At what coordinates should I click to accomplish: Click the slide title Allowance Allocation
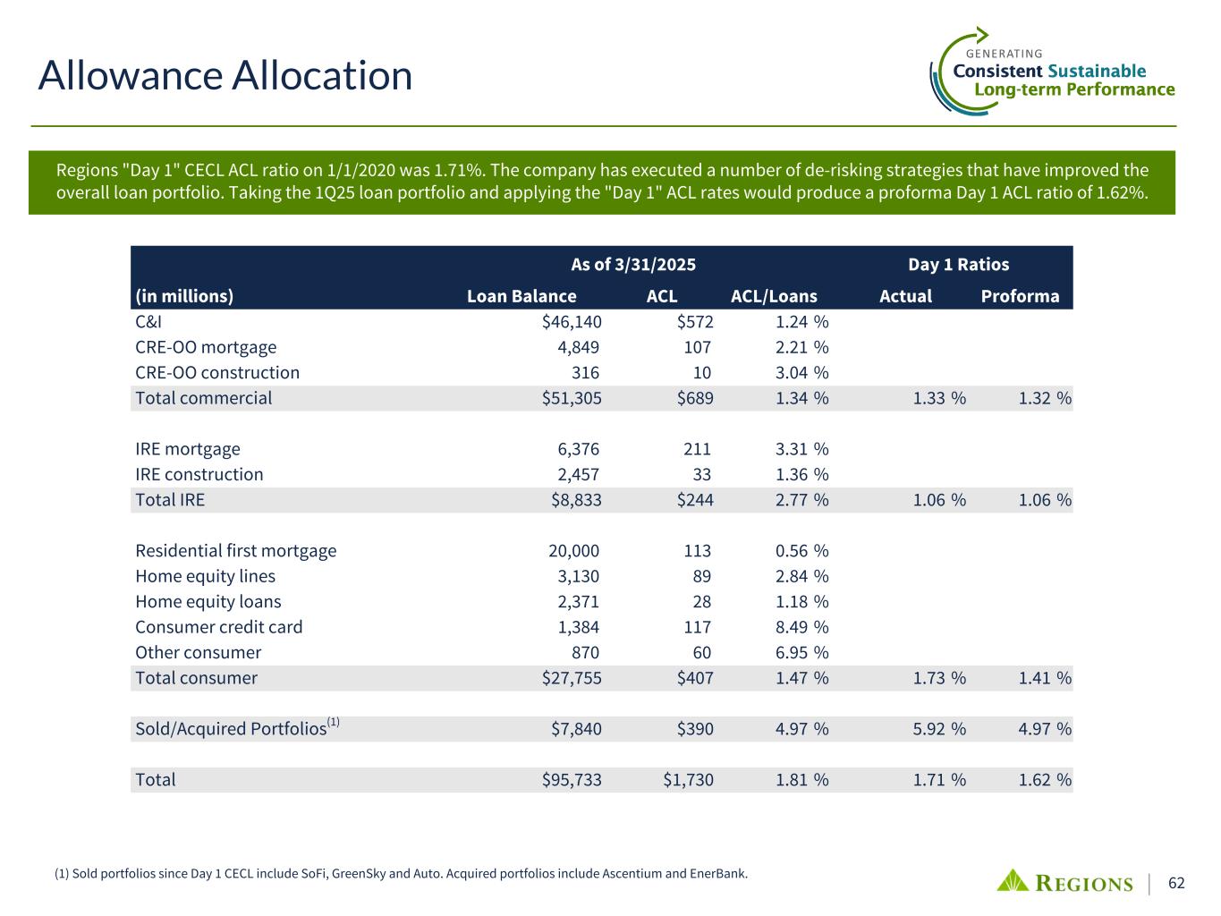pyautogui.click(x=225, y=75)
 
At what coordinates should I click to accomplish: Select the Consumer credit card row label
pyautogui.click(x=219, y=627)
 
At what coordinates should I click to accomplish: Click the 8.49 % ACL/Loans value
pyautogui.click(x=801, y=627)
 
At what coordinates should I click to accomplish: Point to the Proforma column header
pyautogui.click(x=1020, y=296)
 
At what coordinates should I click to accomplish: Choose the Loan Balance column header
pyautogui.click(x=521, y=296)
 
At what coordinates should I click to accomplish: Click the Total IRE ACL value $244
pyautogui.click(x=689, y=500)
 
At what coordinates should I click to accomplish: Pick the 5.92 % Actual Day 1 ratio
pyautogui.click(x=939, y=729)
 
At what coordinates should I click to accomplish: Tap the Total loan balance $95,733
pyautogui.click(x=572, y=780)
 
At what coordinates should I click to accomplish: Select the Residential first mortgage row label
pyautogui.click(x=236, y=551)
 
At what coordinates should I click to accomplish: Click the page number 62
pyautogui.click(x=1176, y=884)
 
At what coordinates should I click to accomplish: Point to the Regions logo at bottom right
pyautogui.click(x=1064, y=882)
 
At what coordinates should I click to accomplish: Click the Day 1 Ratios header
pyautogui.click(x=958, y=264)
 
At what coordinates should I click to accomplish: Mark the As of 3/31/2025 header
pyautogui.click(x=633, y=264)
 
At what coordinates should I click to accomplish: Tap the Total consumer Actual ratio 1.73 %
pyautogui.click(x=939, y=678)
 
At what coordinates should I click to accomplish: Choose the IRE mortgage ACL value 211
pyautogui.click(x=697, y=449)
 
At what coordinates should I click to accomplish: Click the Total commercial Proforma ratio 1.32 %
pyautogui.click(x=1045, y=398)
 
